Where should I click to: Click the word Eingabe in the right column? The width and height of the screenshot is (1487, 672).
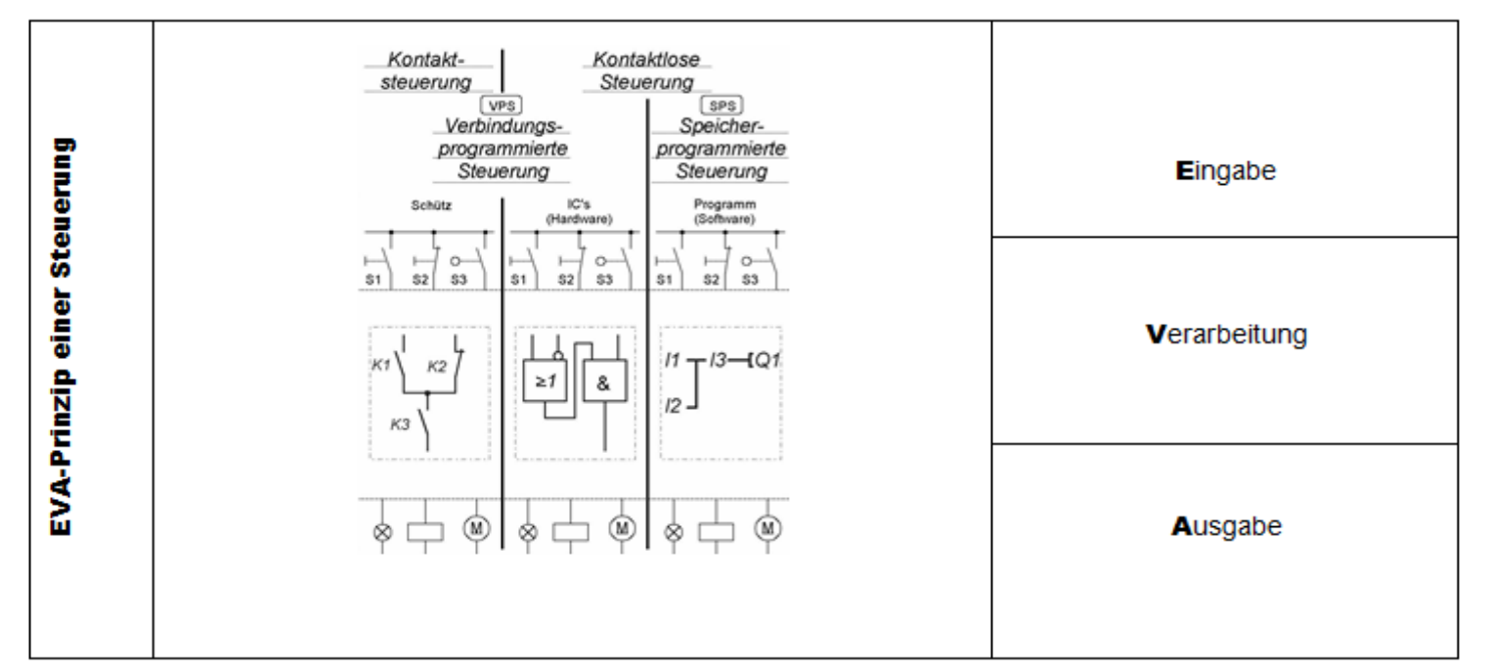[x=1226, y=169]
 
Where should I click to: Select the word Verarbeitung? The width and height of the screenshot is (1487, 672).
[x=1226, y=336]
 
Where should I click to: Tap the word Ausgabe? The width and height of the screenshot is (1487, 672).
[x=1226, y=525]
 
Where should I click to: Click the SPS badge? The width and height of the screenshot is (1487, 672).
[x=721, y=105]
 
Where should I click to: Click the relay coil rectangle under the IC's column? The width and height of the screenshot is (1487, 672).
[x=572, y=531]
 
